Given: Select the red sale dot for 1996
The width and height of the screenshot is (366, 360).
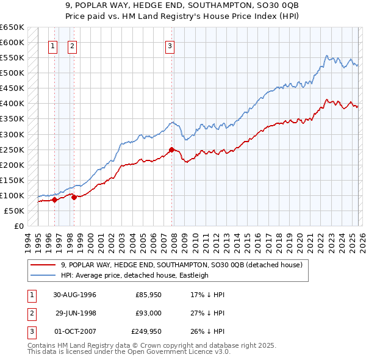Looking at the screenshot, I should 54,200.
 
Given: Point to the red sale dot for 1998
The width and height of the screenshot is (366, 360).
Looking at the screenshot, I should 74,197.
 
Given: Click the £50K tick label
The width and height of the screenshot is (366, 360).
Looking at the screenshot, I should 15,211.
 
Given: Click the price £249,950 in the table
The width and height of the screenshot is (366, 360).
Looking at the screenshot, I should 146,332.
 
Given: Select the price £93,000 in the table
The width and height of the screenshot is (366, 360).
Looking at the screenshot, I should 148,313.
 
